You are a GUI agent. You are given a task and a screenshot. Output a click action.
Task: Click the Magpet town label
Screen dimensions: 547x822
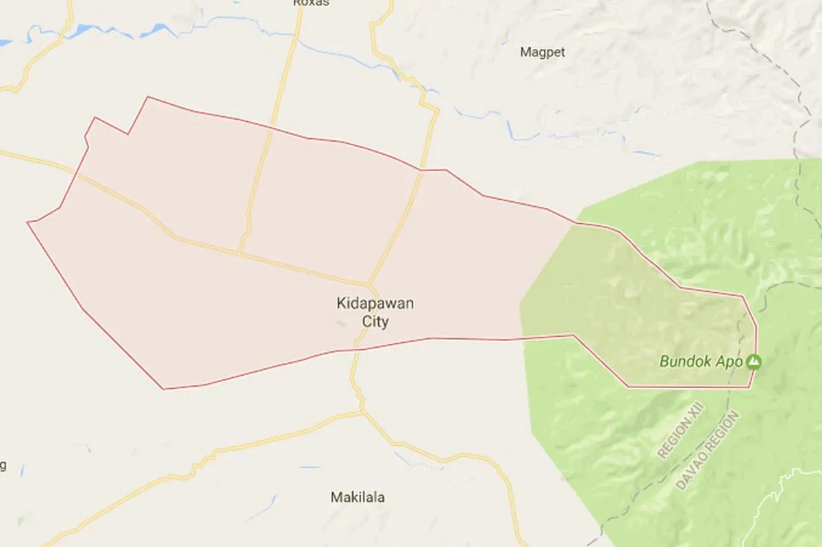pos(543,52)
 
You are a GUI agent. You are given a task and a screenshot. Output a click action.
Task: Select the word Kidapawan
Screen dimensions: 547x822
pos(375,303)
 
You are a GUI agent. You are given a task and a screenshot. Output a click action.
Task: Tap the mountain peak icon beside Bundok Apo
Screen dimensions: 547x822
pos(754,360)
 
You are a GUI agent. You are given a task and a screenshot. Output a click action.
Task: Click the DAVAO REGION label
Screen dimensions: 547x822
pos(708,449)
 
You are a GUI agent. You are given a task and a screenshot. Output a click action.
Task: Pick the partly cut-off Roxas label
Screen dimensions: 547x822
pos(311,3)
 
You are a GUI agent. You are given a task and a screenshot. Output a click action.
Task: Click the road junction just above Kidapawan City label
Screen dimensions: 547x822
pos(369,283)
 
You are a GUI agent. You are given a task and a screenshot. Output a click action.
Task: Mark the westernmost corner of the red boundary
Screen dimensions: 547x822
pos(27,222)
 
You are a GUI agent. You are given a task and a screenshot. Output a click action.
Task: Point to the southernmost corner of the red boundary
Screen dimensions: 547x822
pos(164,389)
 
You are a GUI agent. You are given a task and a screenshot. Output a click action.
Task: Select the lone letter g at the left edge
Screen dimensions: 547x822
pos(3,466)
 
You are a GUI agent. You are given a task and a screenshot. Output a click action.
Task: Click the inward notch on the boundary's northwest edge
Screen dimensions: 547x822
pos(128,133)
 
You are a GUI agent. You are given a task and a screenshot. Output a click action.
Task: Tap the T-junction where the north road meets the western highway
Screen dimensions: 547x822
pos(239,251)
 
